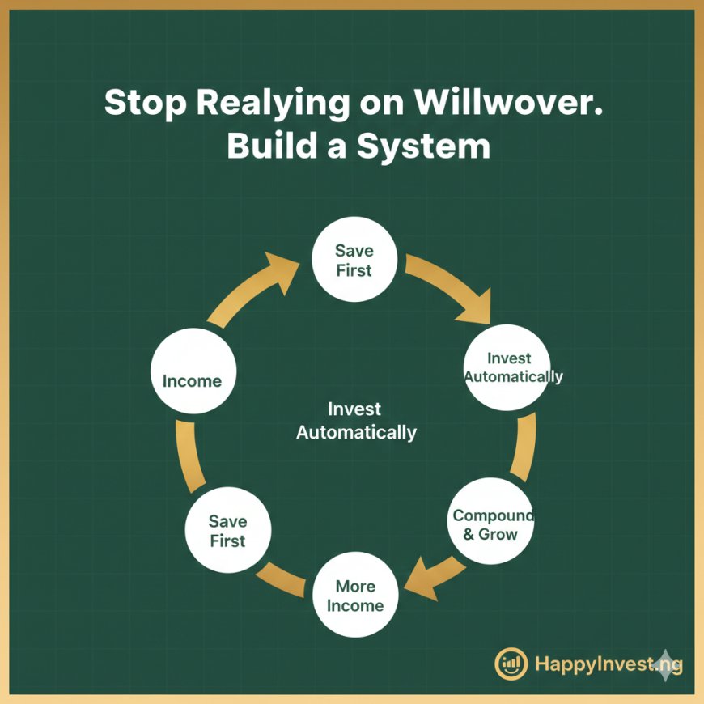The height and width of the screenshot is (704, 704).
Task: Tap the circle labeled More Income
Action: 354,596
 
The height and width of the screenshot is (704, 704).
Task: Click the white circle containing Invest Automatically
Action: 509,367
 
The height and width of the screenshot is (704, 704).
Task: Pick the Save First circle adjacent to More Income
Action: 227,531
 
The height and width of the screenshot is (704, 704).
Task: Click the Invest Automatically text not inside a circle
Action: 355,421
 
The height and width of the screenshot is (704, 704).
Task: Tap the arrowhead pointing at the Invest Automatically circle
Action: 476,307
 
